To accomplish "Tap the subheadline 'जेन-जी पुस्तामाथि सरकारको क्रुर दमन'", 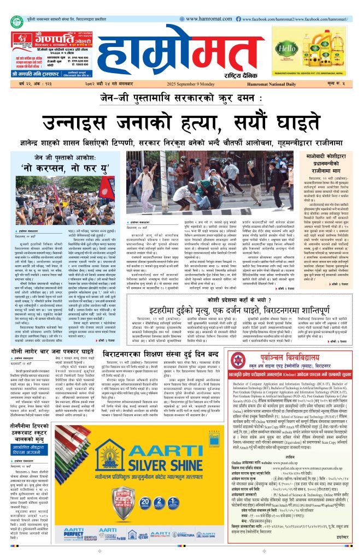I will [181, 97].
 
